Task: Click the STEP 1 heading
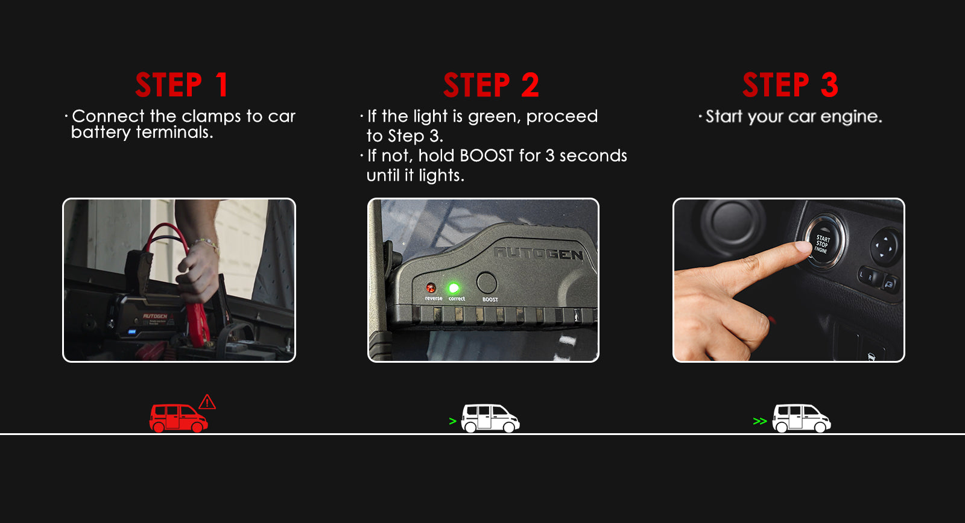[182, 85]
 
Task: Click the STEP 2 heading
[491, 85]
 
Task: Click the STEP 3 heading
[790, 85]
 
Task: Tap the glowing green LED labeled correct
[454, 287]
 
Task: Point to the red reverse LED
[431, 287]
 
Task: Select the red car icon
[179, 418]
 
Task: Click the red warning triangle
[207, 402]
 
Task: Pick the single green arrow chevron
[452, 421]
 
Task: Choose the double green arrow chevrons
[760, 421]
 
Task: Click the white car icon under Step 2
[490, 418]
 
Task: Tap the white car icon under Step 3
[802, 418]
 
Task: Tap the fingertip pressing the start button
[803, 248]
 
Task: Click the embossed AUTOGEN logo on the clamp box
[539, 254]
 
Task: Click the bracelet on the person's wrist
[206, 244]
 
